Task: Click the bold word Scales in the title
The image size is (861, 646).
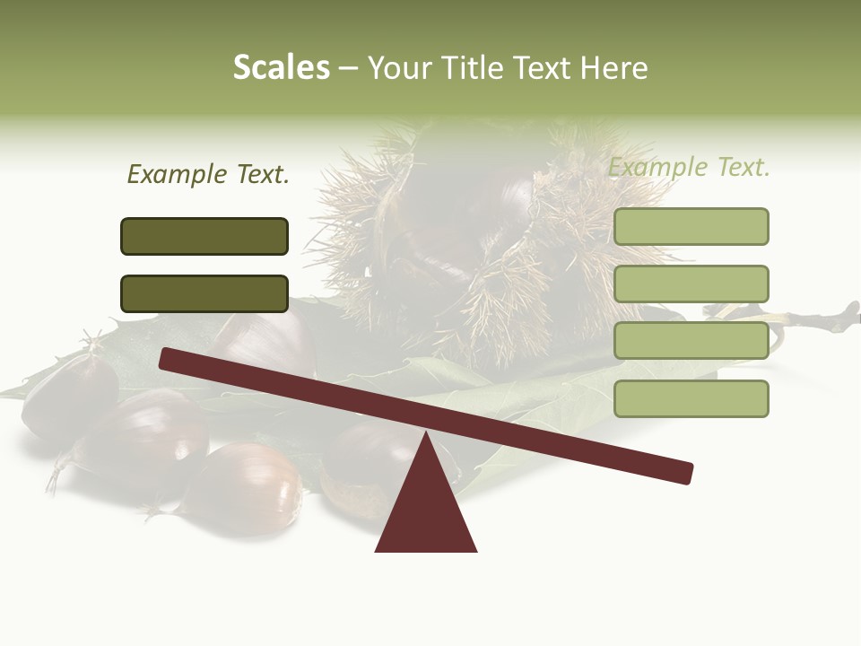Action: (x=281, y=67)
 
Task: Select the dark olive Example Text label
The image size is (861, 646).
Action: (x=208, y=175)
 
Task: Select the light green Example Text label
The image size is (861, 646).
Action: (x=689, y=168)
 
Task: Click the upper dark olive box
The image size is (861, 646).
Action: (x=204, y=236)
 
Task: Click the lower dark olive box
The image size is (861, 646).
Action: (x=204, y=293)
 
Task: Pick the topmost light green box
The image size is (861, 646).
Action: (x=691, y=226)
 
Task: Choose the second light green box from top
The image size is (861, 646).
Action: (x=691, y=284)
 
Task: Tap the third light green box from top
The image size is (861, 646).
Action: (x=691, y=341)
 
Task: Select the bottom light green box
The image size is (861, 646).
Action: (x=691, y=398)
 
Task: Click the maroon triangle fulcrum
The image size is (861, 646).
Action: (x=426, y=511)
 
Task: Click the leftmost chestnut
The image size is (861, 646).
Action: (x=67, y=395)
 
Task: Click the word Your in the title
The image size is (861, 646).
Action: (x=398, y=67)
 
